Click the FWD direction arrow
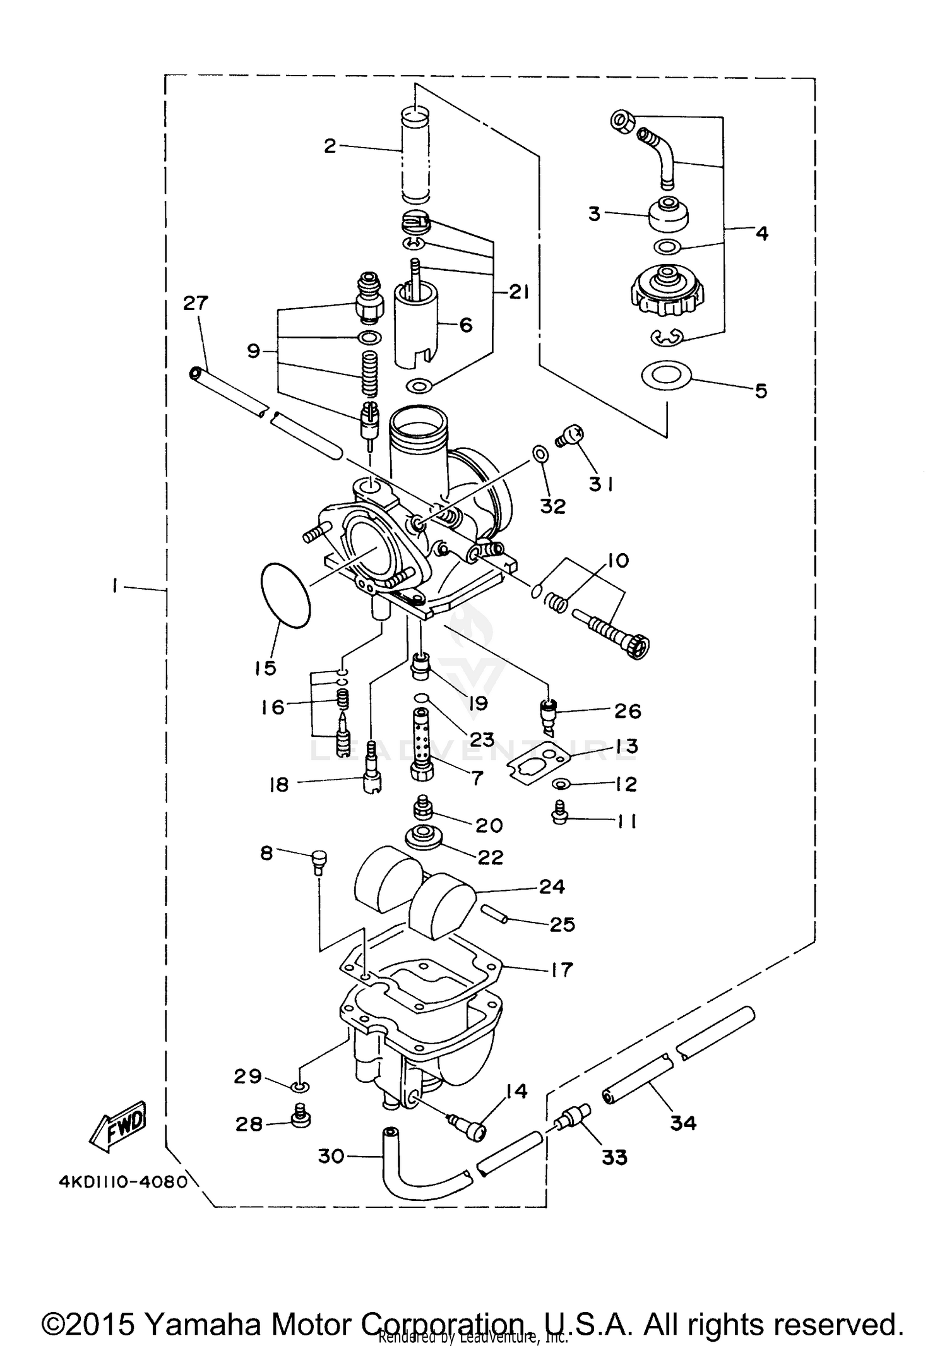tap(119, 1128)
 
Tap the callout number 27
tap(195, 303)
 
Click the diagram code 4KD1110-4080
tap(123, 1181)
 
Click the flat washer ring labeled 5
tap(666, 376)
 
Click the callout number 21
tap(518, 292)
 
